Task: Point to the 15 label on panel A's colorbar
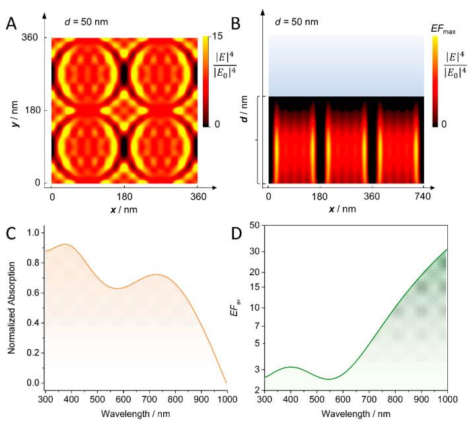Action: coord(215,38)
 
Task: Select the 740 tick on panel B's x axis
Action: coord(423,196)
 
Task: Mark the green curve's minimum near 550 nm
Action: coord(328,379)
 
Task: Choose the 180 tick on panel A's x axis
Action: coord(125,196)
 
